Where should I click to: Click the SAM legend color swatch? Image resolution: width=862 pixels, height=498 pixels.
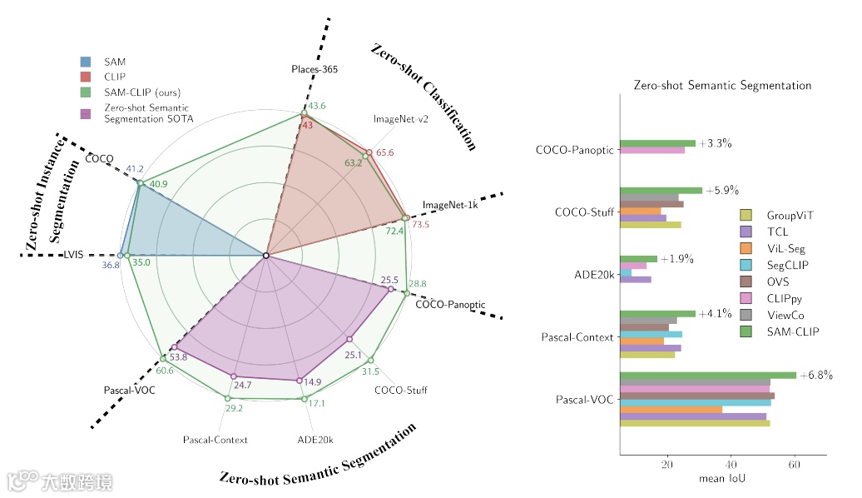86,62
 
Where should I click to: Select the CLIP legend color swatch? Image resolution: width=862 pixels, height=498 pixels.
86,77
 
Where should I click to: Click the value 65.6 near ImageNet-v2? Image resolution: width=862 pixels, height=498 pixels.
384,152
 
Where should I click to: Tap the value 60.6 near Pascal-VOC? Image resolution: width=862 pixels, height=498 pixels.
165,370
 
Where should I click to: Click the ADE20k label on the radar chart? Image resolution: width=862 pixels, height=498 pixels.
315,439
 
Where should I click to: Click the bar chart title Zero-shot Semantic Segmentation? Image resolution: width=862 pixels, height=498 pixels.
722,85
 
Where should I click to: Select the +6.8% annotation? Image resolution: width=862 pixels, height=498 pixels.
815,375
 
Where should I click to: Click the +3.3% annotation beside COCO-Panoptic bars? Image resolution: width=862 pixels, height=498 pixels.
715,143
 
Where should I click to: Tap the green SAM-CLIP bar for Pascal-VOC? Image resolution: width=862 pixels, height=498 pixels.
708,376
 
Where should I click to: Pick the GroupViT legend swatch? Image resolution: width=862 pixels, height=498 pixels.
746,215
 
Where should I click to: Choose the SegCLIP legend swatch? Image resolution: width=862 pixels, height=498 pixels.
746,265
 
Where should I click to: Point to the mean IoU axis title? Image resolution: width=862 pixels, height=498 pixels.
721,480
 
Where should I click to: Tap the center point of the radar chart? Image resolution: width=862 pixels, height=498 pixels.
265,256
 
